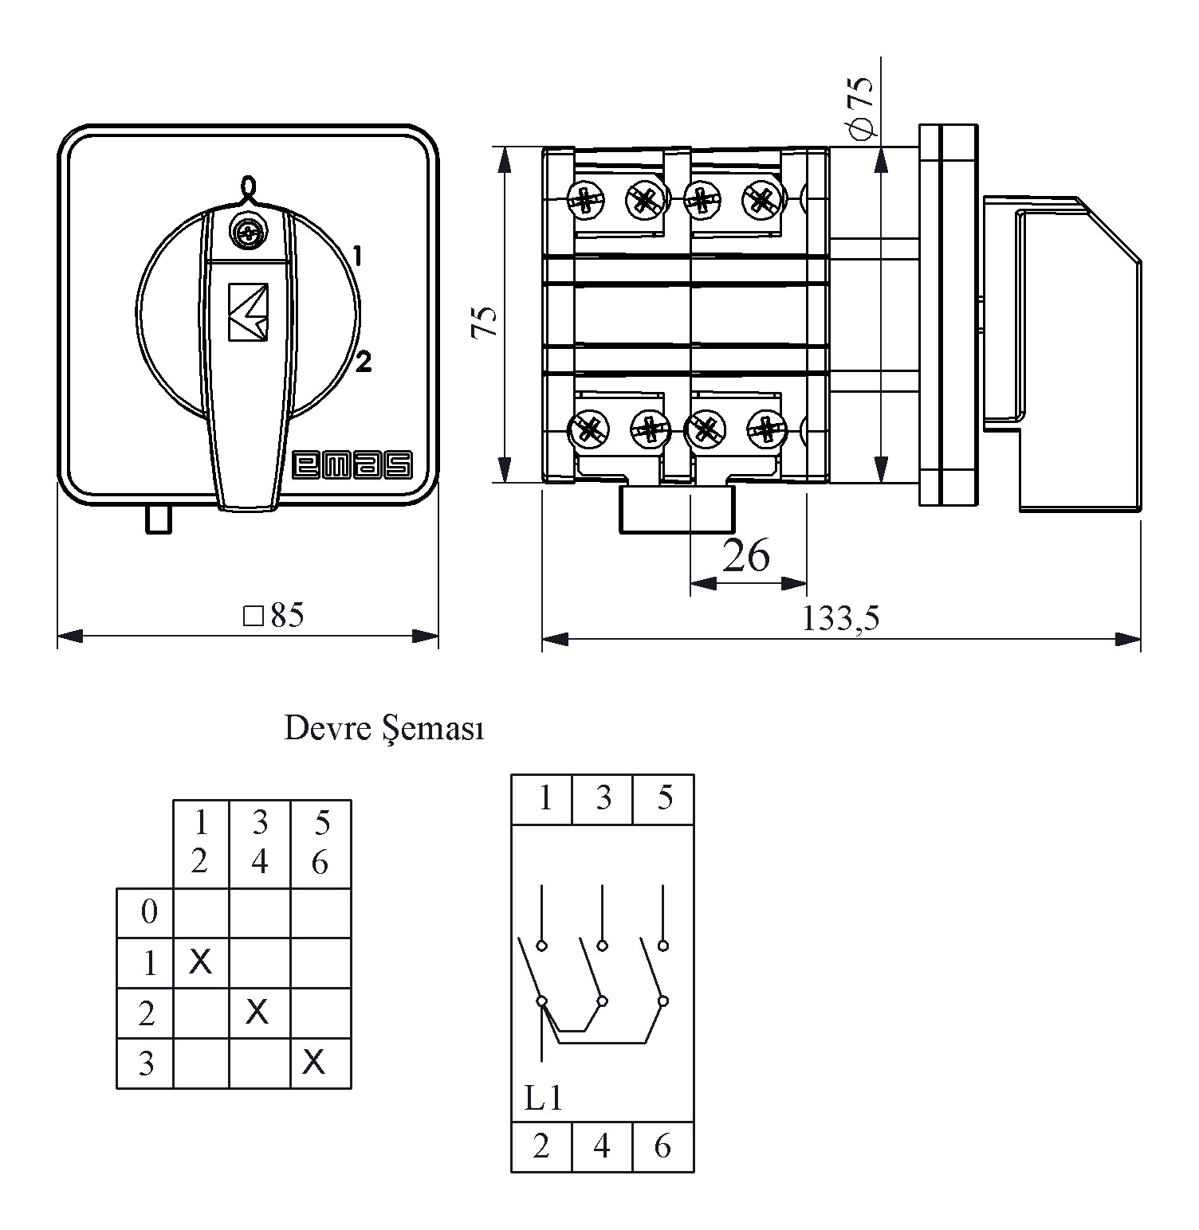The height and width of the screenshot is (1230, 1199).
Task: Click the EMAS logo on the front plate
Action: [353, 466]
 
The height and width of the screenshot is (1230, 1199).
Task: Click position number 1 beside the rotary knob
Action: [358, 256]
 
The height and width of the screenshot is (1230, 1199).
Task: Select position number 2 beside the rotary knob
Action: [364, 362]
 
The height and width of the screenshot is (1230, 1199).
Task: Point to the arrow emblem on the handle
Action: [248, 312]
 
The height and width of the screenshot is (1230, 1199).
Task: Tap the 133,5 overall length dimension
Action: [840, 618]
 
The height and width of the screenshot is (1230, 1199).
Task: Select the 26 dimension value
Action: [746, 555]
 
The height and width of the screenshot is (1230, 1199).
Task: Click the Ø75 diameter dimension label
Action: [862, 106]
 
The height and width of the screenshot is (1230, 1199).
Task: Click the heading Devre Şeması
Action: [383, 729]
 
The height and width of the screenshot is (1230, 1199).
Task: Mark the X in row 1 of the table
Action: [201, 962]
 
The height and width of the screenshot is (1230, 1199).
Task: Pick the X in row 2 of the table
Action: [257, 1012]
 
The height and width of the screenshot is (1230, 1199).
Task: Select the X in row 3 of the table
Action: [315, 1062]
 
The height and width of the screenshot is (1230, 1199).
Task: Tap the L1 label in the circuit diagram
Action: [544, 1099]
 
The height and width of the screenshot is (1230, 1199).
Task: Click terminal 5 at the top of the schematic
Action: [664, 798]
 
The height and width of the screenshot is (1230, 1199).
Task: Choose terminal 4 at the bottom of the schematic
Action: [602, 1146]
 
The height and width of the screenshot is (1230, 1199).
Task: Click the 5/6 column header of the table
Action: [320, 843]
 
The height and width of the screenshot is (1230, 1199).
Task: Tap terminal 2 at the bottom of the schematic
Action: [541, 1146]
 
